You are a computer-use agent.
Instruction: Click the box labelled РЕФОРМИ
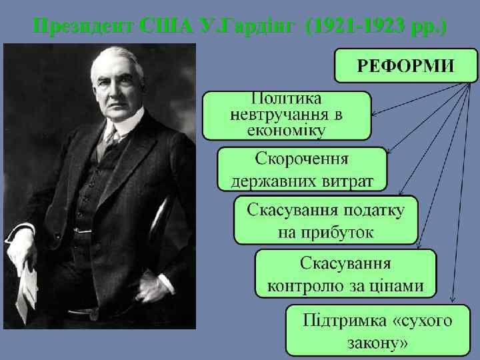click(x=407, y=65)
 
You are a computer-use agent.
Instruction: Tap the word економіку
click(x=287, y=129)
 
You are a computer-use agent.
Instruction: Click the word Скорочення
click(x=302, y=160)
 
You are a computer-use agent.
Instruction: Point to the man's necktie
click(x=109, y=143)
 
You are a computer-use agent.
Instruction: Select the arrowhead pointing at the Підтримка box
click(x=453, y=299)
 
